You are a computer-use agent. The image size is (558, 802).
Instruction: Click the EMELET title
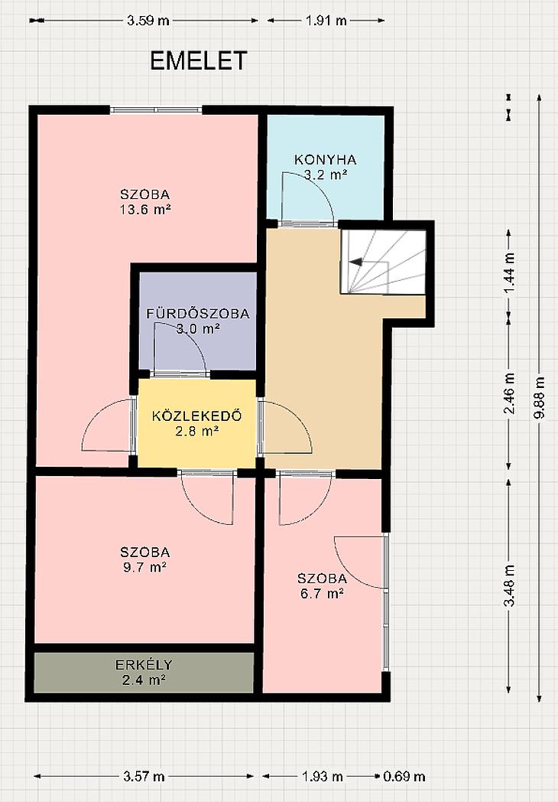tap(198, 60)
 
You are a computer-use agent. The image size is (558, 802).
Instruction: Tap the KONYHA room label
tap(326, 160)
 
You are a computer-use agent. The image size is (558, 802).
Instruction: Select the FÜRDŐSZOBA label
tap(198, 313)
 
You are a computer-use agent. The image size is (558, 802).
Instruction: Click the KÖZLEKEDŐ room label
tap(196, 416)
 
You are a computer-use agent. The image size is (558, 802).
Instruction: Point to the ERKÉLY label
tap(144, 665)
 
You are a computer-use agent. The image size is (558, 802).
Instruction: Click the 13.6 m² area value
tap(145, 209)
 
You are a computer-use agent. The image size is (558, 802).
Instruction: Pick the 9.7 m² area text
tap(145, 567)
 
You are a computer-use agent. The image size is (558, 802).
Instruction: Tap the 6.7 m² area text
tap(321, 593)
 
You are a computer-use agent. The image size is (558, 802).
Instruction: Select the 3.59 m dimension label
tap(148, 21)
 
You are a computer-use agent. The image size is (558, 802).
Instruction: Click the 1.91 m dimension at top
tap(326, 21)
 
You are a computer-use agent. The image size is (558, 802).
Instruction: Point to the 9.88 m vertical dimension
tap(539, 397)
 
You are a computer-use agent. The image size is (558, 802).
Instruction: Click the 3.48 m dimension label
tap(509, 585)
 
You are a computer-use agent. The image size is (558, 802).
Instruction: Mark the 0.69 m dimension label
tap(404, 777)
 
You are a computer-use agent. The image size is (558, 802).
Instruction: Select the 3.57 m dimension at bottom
tap(144, 777)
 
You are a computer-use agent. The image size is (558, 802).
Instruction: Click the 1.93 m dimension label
tap(323, 777)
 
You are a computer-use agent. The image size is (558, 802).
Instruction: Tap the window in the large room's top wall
tap(156, 109)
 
